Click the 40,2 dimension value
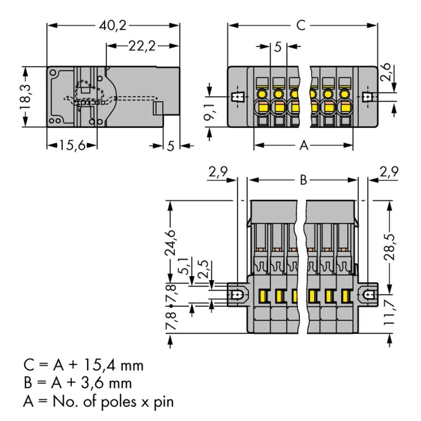point(113,26)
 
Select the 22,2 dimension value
point(142,46)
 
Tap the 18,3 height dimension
point(26,96)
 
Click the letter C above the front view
point(300,26)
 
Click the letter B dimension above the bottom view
point(303,180)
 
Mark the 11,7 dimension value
point(391,312)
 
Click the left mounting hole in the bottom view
point(238,295)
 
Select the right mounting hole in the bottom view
point(369,295)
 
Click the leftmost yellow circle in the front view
point(262,93)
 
